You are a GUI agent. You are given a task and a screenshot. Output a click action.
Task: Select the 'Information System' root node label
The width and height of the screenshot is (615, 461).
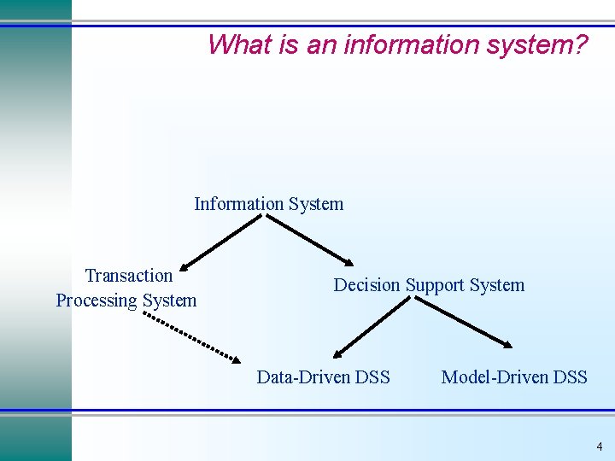point(268,204)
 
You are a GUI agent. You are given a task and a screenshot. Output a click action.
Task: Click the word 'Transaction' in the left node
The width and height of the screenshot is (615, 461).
point(129,275)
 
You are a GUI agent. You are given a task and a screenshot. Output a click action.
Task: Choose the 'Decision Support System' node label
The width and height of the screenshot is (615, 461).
point(429,285)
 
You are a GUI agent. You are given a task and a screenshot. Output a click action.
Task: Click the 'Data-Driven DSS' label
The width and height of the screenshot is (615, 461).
point(323,376)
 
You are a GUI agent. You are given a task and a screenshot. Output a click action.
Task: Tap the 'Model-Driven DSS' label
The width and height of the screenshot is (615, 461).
point(514,376)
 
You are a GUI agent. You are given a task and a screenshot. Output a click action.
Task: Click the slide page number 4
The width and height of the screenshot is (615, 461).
point(599,446)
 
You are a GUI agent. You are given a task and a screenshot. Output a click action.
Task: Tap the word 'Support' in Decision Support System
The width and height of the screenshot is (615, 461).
point(430,285)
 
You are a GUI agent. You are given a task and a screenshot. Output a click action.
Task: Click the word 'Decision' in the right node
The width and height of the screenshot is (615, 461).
point(366,285)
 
